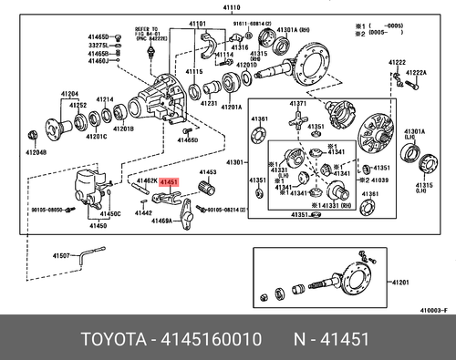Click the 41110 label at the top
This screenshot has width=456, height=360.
[x=222, y=6]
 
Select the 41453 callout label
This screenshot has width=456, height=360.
[x=208, y=171]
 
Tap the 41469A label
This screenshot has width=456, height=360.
[x=161, y=221]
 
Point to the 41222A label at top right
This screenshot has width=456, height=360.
[x=416, y=71]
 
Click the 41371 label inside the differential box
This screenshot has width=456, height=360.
[x=296, y=107]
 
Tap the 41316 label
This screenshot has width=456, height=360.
[x=239, y=47]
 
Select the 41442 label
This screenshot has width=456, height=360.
[x=143, y=211]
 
